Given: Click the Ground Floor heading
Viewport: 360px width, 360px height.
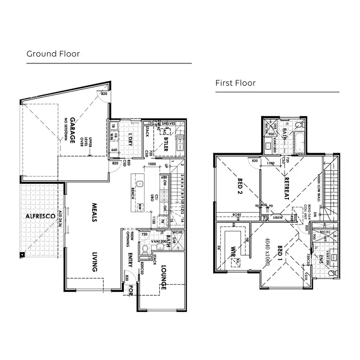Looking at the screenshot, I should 53,54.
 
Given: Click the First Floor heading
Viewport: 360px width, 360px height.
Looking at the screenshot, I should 235,84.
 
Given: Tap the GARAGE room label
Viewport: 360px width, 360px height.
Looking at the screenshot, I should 72,130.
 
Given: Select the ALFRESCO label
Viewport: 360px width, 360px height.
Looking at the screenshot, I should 41,216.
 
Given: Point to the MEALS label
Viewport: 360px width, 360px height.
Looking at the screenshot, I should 95,212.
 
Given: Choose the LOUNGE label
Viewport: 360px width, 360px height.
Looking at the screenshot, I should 163,277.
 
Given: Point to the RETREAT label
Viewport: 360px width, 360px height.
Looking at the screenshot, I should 287,189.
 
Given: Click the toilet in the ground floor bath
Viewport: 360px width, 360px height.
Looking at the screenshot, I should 145,249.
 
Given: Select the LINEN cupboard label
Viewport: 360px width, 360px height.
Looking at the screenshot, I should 277,217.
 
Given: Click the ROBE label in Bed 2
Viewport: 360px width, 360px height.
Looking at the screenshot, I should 236,214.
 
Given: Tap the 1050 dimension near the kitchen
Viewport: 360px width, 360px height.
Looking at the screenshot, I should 152,164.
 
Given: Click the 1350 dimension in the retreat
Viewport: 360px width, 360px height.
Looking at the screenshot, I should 270,163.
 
